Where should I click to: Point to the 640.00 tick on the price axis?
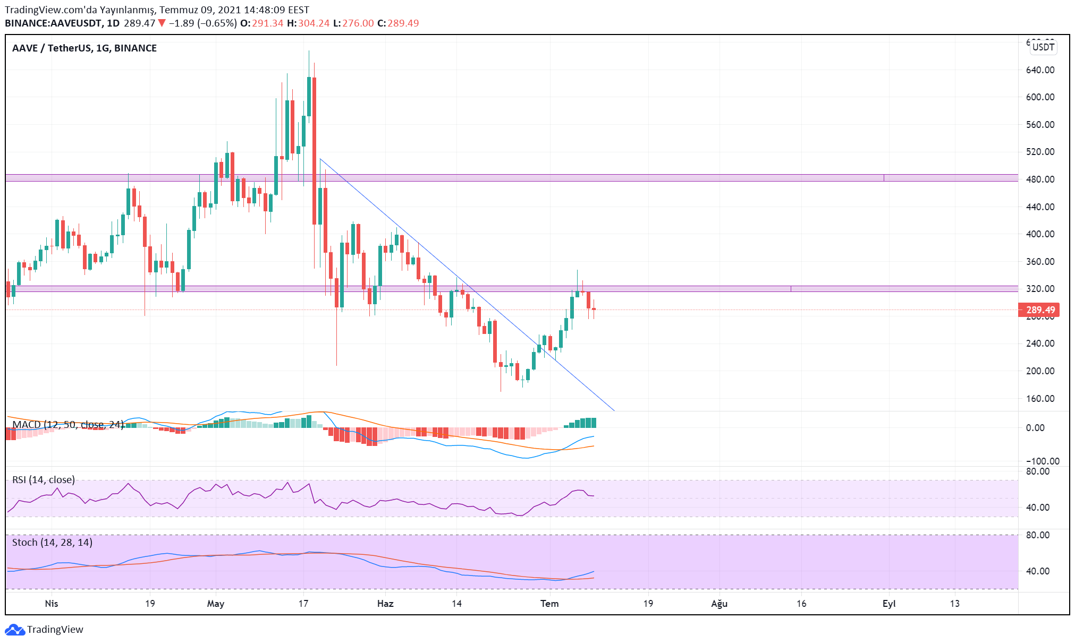point(1040,70)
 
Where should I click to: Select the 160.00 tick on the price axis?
point(1040,399)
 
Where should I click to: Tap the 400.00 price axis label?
point(1040,234)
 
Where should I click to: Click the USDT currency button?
point(1043,47)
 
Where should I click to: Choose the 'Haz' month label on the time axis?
point(385,604)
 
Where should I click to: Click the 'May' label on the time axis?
point(216,604)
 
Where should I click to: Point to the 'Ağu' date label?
point(720,604)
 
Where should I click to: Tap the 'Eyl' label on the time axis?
point(889,604)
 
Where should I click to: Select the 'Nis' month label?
point(52,604)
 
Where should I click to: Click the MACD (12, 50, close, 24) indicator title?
point(68,425)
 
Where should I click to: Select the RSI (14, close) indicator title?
point(44,480)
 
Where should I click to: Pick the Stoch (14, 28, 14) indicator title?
point(52,543)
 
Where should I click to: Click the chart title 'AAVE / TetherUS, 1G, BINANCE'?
point(84,48)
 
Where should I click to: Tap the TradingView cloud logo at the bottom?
point(14,630)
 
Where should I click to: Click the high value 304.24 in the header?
point(314,23)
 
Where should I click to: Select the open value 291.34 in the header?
point(267,23)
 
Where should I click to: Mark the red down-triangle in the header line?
point(162,23)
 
